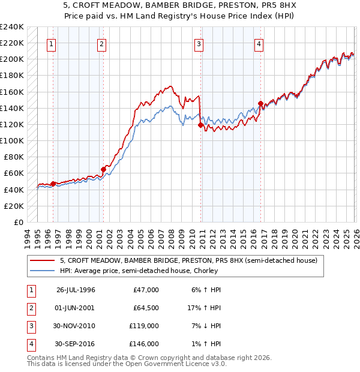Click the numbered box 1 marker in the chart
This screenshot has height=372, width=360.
point(52,44)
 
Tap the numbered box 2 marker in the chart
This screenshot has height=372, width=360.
point(102,44)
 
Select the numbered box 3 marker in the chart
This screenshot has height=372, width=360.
point(199,44)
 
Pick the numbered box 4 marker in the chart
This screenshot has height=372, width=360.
point(259,44)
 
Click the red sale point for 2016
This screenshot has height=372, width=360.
point(260,103)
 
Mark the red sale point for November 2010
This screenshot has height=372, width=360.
point(200,125)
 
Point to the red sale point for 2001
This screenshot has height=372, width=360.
point(103,170)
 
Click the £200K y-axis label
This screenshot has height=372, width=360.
point(12,59)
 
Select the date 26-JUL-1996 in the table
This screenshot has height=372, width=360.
point(76,290)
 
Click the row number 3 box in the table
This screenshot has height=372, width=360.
point(29,326)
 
